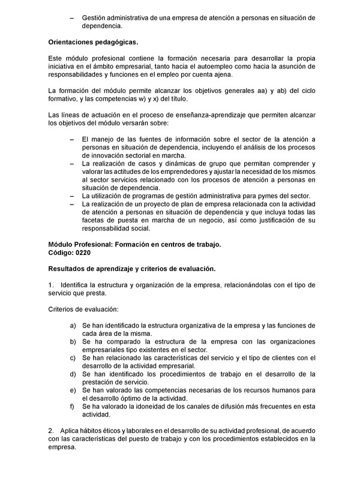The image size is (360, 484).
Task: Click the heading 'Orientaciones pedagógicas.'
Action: click(x=93, y=43)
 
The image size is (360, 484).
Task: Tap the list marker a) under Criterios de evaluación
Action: click(x=73, y=325)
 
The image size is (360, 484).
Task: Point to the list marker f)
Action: click(x=72, y=406)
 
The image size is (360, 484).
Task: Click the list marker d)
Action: click(x=73, y=374)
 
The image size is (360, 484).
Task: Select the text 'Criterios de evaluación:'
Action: click(x=83, y=309)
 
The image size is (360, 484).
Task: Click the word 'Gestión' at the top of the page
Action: click(x=95, y=19)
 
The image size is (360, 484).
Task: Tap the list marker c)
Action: click(x=73, y=357)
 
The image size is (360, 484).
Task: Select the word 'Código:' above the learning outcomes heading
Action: click(x=61, y=252)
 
